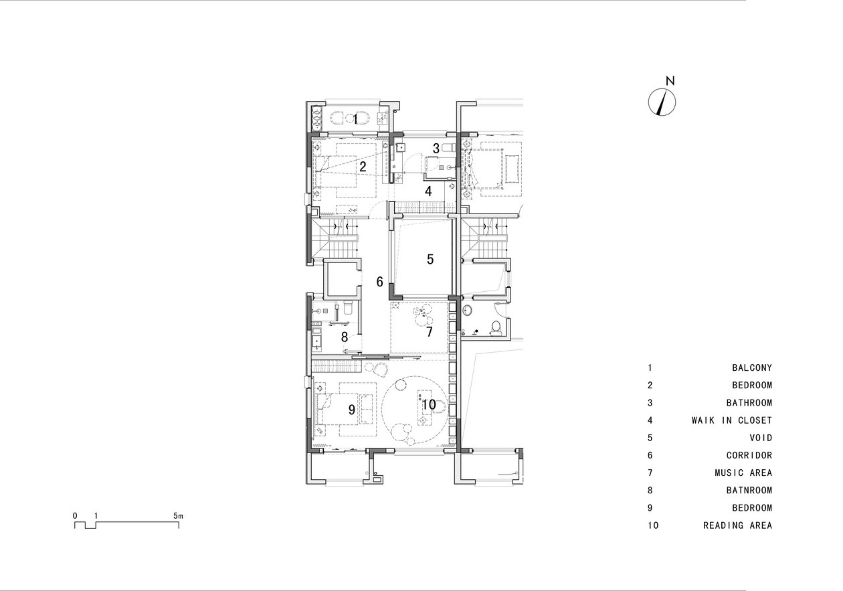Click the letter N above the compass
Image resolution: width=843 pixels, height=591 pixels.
670,80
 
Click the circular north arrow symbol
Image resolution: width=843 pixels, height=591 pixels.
662,102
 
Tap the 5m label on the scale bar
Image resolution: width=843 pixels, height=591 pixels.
178,516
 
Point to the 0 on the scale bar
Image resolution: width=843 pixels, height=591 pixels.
75,516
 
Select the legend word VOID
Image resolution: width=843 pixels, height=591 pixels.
761,438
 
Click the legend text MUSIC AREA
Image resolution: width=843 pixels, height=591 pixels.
743,473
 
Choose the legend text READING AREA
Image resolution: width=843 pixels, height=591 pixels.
737,525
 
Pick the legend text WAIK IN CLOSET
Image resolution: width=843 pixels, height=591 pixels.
732,420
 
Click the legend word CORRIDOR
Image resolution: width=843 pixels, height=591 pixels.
749,455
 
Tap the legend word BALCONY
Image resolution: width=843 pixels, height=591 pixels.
752,367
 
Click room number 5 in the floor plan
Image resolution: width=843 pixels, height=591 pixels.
430,259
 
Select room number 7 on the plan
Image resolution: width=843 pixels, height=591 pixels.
429,331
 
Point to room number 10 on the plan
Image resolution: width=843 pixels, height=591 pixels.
429,404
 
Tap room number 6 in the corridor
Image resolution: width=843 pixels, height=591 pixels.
380,281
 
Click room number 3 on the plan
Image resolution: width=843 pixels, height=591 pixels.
436,149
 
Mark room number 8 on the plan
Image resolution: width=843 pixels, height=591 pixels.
345,337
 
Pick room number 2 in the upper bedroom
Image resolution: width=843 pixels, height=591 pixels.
363,167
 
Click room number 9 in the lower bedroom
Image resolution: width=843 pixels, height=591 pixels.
351,410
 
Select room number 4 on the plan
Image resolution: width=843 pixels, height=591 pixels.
428,191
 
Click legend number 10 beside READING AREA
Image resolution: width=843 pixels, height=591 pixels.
653,525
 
